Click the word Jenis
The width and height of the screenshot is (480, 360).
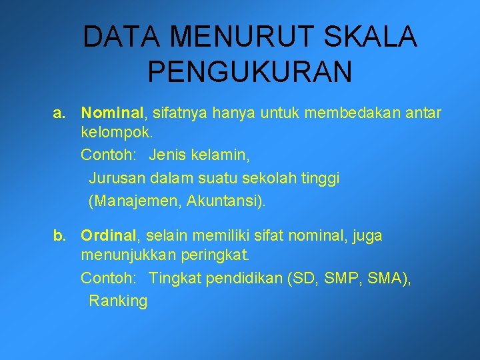(x=168, y=156)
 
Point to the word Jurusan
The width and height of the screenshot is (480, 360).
(x=118, y=178)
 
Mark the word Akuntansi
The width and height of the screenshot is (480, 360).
(x=225, y=200)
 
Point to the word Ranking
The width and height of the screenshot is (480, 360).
(x=118, y=301)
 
